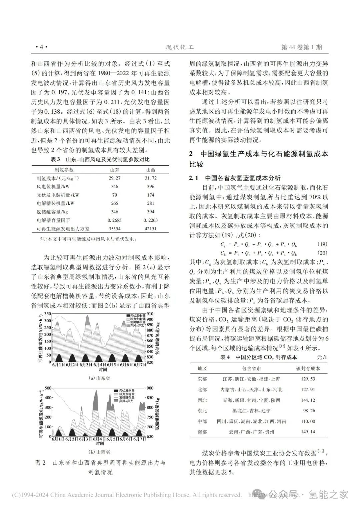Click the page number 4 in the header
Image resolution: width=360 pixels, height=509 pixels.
coord(42,47)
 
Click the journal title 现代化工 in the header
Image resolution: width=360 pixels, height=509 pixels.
coord(180,47)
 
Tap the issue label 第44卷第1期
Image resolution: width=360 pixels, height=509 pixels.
coord(302,47)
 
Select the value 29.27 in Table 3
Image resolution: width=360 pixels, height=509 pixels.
coord(114,178)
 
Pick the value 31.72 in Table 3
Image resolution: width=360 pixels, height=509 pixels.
coord(150,178)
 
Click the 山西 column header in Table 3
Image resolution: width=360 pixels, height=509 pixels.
coord(151,170)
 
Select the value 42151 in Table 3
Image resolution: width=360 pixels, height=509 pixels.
coord(151,229)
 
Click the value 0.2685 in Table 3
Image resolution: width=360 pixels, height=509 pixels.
coord(114,220)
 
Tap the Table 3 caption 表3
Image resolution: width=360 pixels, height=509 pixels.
coord(55,160)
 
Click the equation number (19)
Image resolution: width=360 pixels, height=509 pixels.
coord(322,244)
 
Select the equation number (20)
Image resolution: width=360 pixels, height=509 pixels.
coord(322,253)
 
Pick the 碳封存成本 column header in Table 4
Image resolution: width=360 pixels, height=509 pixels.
coord(308,368)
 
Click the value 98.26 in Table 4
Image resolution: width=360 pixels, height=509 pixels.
coord(308,411)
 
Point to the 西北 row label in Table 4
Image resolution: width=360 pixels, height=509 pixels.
coord(202,400)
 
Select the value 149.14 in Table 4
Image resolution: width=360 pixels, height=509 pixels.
coord(308,432)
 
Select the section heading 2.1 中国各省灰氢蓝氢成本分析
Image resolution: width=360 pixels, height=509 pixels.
coord(235,178)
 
